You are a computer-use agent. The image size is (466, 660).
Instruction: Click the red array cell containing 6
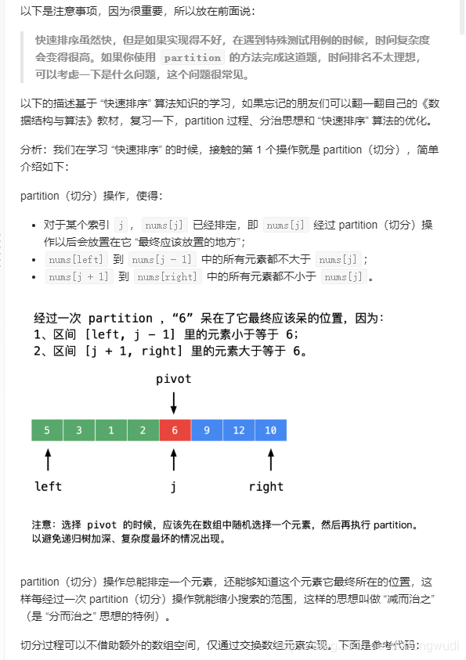(x=175, y=430)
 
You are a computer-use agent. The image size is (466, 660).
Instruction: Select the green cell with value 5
(x=47, y=430)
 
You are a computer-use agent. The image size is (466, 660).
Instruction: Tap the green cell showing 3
(x=79, y=430)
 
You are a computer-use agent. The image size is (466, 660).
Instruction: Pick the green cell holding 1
(x=111, y=430)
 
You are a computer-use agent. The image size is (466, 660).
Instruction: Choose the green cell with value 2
(x=143, y=430)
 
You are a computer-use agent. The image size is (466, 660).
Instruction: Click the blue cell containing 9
(x=207, y=430)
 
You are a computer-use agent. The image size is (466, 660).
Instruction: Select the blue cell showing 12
(x=239, y=430)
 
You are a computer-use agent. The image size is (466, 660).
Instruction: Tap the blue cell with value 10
(x=270, y=430)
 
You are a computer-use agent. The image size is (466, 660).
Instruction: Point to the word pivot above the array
(x=173, y=379)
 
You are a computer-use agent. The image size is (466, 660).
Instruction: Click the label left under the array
(x=48, y=486)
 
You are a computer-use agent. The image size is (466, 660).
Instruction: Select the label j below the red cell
(x=174, y=486)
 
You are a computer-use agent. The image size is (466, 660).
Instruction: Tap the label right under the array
(x=266, y=486)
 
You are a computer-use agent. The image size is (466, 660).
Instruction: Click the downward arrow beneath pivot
(x=174, y=402)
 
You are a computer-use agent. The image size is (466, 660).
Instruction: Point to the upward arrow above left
(x=48, y=460)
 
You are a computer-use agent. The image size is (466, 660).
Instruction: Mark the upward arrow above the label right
(x=270, y=460)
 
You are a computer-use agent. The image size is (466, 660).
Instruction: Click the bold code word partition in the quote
(x=193, y=57)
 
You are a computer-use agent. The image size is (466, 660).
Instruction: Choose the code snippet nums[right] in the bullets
(x=167, y=276)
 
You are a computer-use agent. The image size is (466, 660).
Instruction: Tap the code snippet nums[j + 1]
(x=79, y=276)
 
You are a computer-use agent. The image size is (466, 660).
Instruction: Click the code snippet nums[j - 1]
(x=162, y=259)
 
